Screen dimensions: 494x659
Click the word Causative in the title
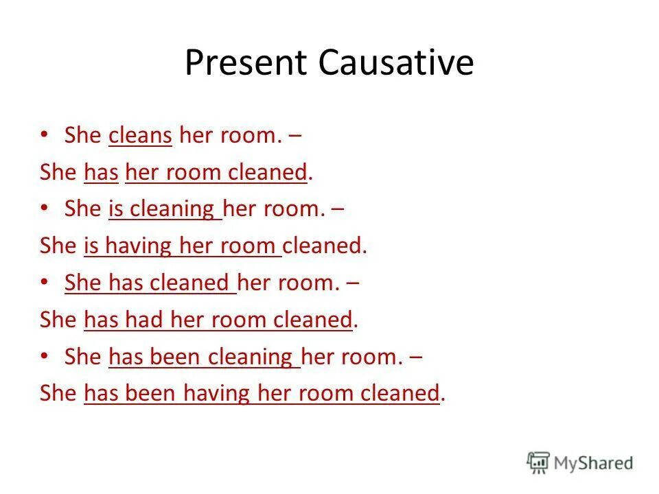395,64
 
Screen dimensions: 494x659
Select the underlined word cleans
140,135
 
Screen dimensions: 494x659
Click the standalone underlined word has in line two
101,172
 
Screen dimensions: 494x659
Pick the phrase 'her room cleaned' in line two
216,172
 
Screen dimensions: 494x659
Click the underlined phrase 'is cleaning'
164,209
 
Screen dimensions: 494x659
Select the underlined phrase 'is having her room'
181,246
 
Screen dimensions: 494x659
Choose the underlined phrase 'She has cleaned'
149,283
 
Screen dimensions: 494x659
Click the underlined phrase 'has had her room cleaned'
218,320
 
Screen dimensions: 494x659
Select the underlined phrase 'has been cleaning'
203,357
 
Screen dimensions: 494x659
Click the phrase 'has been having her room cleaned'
261,395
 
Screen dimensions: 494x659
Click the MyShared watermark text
593,463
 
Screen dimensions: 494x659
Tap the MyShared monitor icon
538,462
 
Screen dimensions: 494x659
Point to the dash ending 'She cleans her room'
294,135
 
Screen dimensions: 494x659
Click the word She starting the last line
58,395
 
